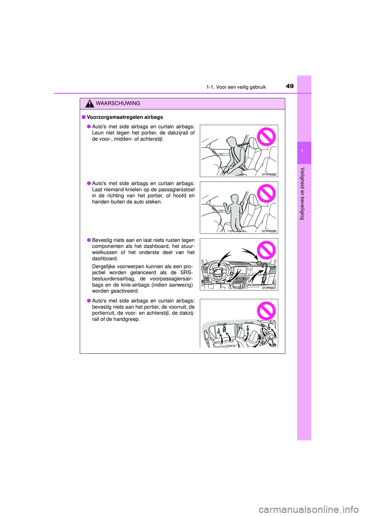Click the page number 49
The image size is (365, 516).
[x=290, y=86]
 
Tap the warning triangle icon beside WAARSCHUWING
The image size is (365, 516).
[x=90, y=103]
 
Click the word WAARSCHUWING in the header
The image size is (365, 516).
[x=118, y=103]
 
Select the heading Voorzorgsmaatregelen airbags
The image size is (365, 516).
[x=125, y=117]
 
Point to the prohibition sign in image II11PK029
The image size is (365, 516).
[x=266, y=137]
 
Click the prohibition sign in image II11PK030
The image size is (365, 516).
[x=266, y=193]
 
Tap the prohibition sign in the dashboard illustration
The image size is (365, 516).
[x=266, y=250]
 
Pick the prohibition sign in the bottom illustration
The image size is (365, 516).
[x=266, y=311]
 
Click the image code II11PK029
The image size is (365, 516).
[x=269, y=174]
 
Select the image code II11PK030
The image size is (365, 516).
[x=269, y=231]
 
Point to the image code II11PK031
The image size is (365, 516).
[x=269, y=288]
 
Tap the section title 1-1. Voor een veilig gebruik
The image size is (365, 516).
[x=236, y=87]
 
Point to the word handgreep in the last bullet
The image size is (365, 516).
[x=127, y=319]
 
